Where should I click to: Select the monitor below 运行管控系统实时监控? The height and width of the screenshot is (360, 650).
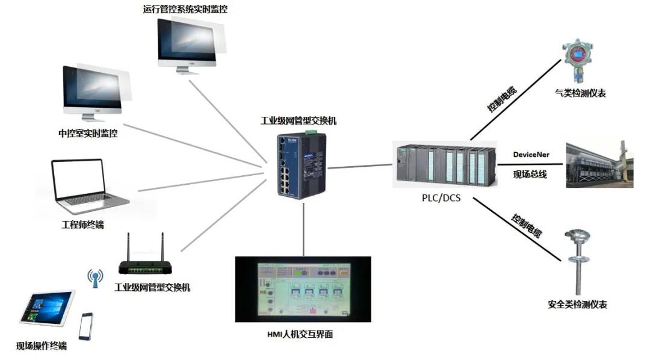(x=188, y=43)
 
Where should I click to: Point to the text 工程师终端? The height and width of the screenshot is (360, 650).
(x=82, y=225)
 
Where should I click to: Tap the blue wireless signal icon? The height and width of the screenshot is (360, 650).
(x=95, y=278)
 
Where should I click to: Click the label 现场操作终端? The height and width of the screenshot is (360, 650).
(x=42, y=346)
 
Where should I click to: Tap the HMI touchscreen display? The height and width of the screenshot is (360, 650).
(x=303, y=289)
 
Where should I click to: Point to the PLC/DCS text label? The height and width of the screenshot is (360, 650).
(x=441, y=196)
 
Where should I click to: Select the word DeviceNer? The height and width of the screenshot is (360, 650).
(x=531, y=155)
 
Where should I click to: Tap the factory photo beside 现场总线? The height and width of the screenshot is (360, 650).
(x=599, y=164)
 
